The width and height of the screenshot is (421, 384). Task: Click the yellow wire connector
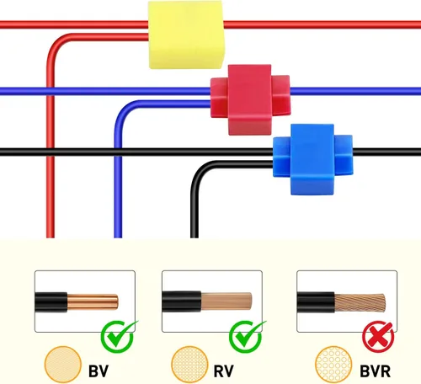[x=186, y=35]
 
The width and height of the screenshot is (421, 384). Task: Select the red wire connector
[x=250, y=99]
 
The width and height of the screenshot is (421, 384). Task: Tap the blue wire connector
[x=312, y=159]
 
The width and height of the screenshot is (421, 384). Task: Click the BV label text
[x=99, y=371]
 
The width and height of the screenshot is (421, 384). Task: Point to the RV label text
[x=223, y=371]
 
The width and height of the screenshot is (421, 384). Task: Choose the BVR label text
[x=375, y=371]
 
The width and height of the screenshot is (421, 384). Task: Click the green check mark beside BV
[x=119, y=336]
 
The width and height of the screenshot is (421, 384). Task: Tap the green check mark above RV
[x=247, y=336]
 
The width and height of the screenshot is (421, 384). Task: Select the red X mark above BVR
[x=378, y=337]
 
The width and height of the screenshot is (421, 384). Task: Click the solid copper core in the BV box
[x=93, y=301]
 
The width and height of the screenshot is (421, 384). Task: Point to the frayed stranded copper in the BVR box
[x=360, y=303]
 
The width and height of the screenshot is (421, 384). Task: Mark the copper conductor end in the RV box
[x=226, y=301]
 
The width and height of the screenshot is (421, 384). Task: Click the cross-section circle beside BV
[x=63, y=365]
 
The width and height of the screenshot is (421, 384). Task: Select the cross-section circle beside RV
[x=189, y=365]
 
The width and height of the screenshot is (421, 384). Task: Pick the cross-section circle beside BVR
[x=333, y=365]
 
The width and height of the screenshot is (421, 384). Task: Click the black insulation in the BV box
[x=51, y=302]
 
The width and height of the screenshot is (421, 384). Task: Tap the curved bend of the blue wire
[x=120, y=111]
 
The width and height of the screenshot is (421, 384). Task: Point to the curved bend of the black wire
[x=197, y=172]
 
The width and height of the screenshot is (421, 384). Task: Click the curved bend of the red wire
[x=54, y=45]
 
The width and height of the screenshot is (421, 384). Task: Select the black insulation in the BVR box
[x=316, y=302]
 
